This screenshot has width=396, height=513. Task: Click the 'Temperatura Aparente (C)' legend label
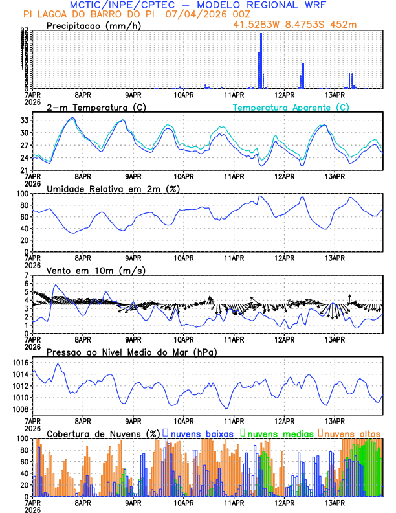(291, 107)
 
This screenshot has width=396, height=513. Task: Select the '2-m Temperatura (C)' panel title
(96, 107)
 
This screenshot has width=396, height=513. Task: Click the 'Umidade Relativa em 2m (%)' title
(113, 188)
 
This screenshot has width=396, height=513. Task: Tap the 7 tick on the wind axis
(27, 275)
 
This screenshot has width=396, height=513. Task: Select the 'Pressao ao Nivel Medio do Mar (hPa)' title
(131, 352)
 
